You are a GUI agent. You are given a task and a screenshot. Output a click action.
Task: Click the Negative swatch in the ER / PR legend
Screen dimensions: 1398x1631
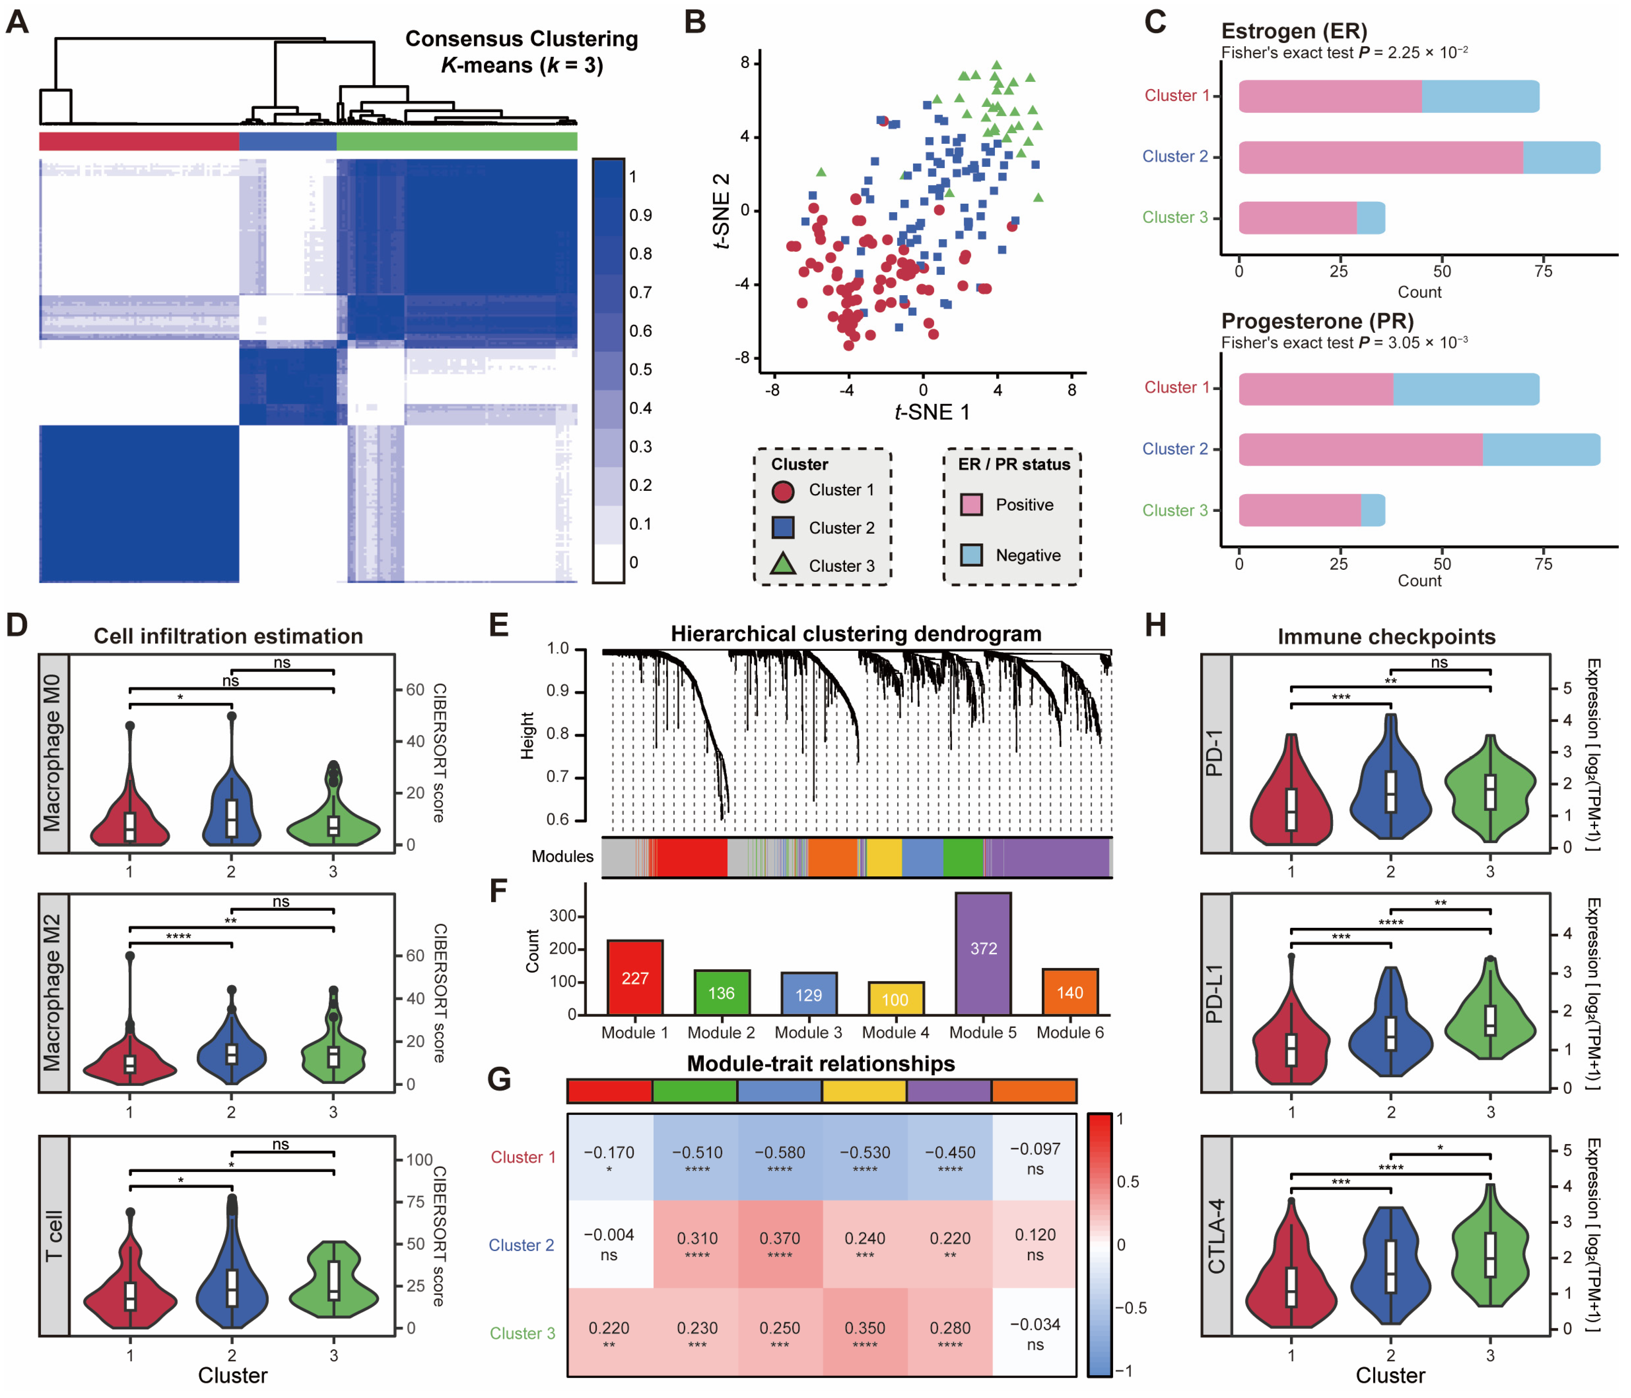(971, 555)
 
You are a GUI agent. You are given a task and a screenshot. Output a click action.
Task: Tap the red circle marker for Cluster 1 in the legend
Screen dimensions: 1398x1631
(782, 491)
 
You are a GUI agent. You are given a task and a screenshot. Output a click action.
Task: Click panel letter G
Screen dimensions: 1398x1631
(499, 1078)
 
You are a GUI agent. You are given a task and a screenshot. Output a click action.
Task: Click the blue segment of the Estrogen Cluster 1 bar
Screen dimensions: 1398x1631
(1480, 96)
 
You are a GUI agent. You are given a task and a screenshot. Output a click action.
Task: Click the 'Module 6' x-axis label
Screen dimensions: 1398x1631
(1070, 1032)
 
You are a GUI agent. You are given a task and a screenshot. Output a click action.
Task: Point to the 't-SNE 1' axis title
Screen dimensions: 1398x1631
(932, 412)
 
